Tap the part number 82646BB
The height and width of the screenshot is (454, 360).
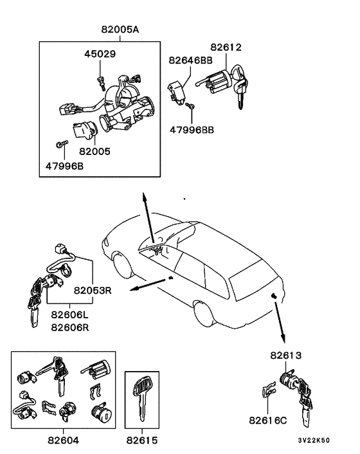pyautogui.click(x=190, y=60)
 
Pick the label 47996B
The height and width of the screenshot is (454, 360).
pyautogui.click(x=64, y=166)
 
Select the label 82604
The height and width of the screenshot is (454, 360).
pyautogui.click(x=63, y=441)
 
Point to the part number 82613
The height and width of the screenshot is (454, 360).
pyautogui.click(x=286, y=355)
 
